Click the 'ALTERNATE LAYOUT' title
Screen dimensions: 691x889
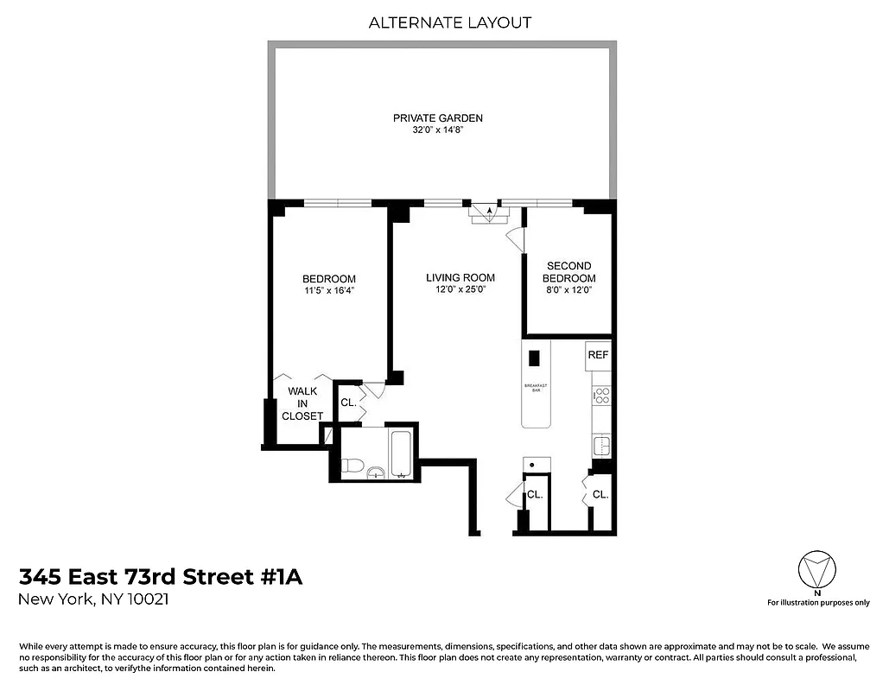pyautogui.click(x=450, y=22)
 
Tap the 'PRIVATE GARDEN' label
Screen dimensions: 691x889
pyautogui.click(x=438, y=118)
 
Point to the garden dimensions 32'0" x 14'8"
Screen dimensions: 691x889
pyautogui.click(x=438, y=131)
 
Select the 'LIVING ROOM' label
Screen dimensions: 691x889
pyautogui.click(x=460, y=278)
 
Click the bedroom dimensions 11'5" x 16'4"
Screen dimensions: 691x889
pyautogui.click(x=329, y=291)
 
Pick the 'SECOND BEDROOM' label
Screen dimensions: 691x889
pyautogui.click(x=568, y=272)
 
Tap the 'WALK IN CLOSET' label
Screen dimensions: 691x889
pyautogui.click(x=302, y=403)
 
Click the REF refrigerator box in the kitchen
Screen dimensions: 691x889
pyautogui.click(x=598, y=355)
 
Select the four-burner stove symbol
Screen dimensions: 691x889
pyautogui.click(x=601, y=396)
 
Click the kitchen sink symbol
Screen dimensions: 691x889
pyautogui.click(x=601, y=446)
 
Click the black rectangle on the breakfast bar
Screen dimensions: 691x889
pyautogui.click(x=534, y=357)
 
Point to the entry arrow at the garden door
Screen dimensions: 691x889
pyautogui.click(x=489, y=210)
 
